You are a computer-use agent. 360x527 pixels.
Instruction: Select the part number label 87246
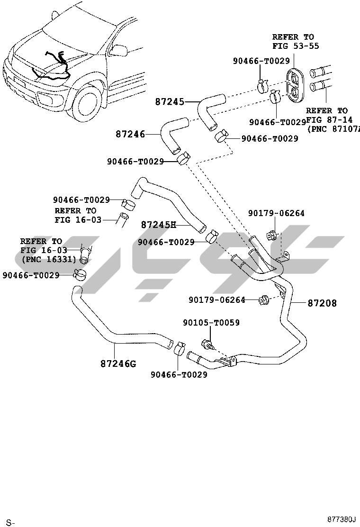130,134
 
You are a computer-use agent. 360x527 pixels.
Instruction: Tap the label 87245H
158,224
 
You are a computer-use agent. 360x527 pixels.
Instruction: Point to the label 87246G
118,364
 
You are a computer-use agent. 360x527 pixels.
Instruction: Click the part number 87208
322,303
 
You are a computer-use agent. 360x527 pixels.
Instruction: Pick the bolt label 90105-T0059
211,323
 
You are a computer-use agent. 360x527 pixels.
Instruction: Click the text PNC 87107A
333,129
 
